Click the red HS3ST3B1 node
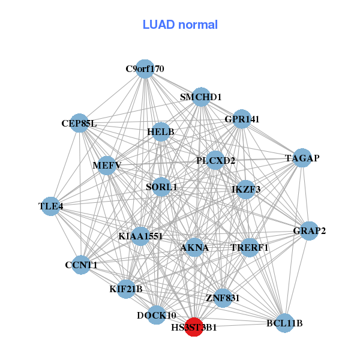[194, 328]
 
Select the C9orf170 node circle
[145, 69]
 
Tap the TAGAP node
[302, 158]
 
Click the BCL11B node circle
[284, 323]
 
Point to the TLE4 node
[51, 206]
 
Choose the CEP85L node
[79, 124]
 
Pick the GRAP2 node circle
[309, 231]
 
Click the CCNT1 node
[81, 265]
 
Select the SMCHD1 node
[201, 97]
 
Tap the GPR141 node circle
[242, 119]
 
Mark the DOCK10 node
[156, 315]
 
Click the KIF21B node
[126, 289]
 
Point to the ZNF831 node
[223, 298]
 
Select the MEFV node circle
[107, 166]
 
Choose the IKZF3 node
[246, 190]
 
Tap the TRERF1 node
[250, 247]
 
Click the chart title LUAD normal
[180, 25]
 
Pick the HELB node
[161, 131]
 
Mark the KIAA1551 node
[141, 236]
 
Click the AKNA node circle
[194, 247]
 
